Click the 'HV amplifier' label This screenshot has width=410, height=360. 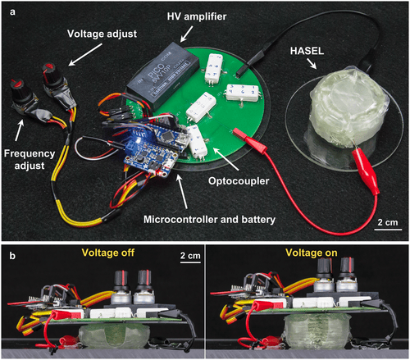coord(197,17)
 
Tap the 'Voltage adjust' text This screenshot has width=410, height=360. coord(102,34)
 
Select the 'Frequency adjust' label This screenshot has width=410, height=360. coord(30,160)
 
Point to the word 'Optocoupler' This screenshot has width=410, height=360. coord(239,181)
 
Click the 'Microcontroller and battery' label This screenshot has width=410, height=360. coord(209,220)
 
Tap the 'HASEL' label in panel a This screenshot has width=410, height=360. coord(307,51)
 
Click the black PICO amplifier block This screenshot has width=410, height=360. coord(164,75)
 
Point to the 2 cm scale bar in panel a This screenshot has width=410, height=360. coord(388,229)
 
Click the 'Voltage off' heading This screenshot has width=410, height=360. coord(108,253)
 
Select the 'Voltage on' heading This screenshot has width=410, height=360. coord(312,253)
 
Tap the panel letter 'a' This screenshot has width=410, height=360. coord(12,12)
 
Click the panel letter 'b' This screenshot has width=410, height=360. coord(12,256)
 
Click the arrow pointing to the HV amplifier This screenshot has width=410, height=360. coord(187,34)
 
